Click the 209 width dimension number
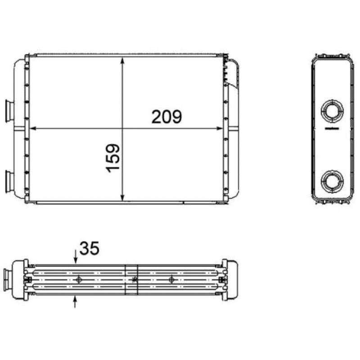(x=166, y=117)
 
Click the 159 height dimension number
(x=113, y=158)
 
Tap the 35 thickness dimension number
(x=89, y=248)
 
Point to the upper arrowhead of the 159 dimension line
(x=122, y=61)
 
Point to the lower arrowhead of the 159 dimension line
(x=122, y=197)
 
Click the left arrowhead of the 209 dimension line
(x=34, y=129)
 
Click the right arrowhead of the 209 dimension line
(x=219, y=129)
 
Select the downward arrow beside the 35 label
(x=75, y=256)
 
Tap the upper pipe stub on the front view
(x=9, y=111)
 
